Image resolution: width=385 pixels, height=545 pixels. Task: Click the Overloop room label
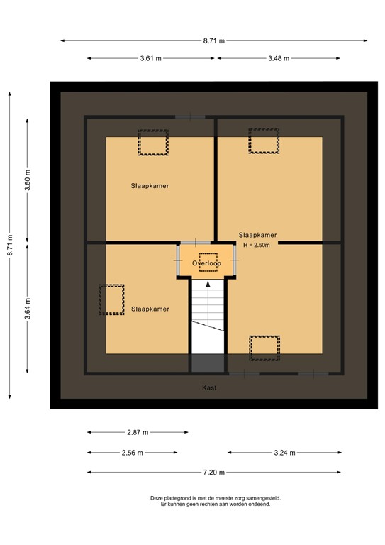206,263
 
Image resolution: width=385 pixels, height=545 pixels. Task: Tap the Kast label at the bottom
209,387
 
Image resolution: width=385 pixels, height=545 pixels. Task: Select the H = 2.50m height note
257,245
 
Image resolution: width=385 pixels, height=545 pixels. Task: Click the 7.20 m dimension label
214,473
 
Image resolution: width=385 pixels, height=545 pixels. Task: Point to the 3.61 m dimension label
150,58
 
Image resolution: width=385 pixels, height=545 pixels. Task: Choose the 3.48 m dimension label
279,58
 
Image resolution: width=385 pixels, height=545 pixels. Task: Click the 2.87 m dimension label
138,432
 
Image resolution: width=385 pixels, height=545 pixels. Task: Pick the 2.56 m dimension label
133,453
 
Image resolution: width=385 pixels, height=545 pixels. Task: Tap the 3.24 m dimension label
284,453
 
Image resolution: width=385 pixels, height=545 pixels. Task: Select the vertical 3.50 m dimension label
28,180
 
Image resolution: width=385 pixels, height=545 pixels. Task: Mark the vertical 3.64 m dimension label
28,309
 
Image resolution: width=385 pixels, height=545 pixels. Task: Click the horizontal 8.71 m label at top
214,40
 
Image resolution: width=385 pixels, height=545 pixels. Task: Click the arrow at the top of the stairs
208,285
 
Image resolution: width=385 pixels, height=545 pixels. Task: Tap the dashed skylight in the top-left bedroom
153,143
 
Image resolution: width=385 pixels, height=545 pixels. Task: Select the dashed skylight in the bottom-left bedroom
111,299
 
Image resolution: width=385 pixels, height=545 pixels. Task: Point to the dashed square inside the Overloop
208,263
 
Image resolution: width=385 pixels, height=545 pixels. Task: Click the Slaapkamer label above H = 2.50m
257,236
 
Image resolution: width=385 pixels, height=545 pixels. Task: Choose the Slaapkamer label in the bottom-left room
150,309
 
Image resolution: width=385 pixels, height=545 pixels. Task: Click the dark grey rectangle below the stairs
208,363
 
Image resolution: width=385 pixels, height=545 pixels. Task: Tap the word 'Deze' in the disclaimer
156,498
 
